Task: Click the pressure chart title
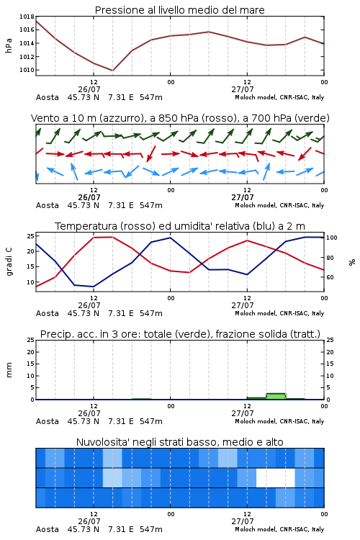pos(179,10)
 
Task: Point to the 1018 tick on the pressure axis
pos(27,17)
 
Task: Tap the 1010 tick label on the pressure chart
pos(27,70)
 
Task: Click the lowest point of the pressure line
pos(112,71)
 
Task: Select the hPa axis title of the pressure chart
pos(9,45)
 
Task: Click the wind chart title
pos(180,118)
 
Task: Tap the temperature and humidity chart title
pos(180,226)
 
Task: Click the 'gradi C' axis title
pos(9,261)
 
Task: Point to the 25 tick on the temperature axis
pos(31,236)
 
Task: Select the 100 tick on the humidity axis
pos(331,238)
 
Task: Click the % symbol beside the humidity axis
pos(352,262)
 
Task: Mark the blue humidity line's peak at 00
pos(170,238)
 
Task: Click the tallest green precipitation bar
pos(276,396)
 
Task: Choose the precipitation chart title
pos(180,334)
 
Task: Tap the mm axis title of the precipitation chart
pos(9,370)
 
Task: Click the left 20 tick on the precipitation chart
pos(31,352)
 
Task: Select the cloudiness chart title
pos(179,442)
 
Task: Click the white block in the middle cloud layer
pos(276,477)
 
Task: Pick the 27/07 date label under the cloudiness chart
pos(243,521)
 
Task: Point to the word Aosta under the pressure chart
pos(48,97)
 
